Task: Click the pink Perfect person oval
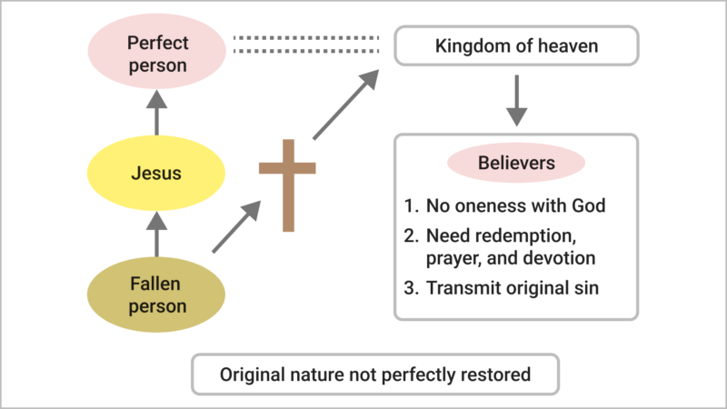point(157,54)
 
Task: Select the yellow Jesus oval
point(157,173)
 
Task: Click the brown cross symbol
point(287,183)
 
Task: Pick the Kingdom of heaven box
point(516,45)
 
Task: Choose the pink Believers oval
point(516,165)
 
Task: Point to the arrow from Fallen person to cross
point(236,227)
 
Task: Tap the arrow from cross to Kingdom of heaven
point(345,106)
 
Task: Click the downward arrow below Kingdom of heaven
point(516,99)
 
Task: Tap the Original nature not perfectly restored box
point(374,374)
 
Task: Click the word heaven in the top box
point(571,45)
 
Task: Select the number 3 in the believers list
point(409,290)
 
